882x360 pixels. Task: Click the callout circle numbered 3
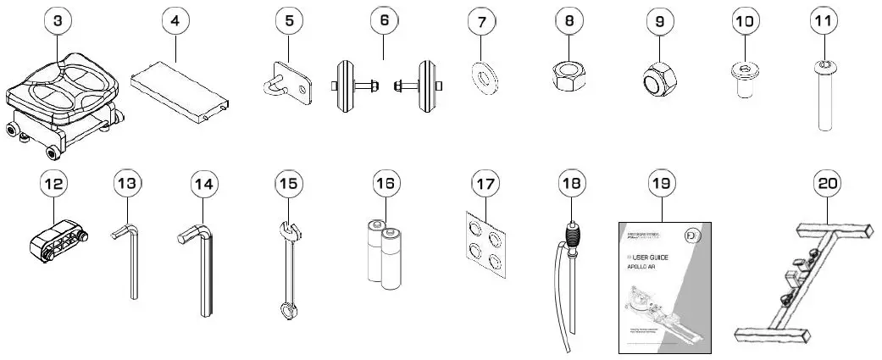57,23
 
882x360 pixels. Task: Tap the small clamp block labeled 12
58,240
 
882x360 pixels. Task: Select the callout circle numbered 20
827,182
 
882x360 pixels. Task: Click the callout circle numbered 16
385,182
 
